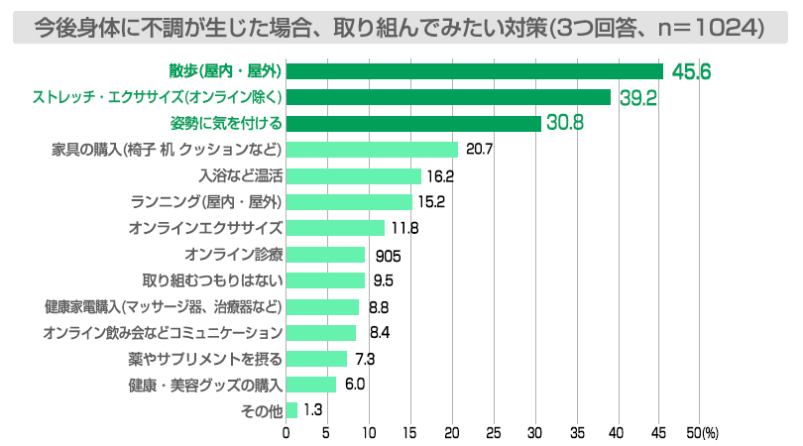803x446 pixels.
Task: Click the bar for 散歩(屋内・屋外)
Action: [474, 71]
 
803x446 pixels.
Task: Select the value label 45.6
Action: [691, 71]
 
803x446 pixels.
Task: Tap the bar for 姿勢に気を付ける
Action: [413, 124]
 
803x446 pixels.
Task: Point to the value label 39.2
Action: [637, 97]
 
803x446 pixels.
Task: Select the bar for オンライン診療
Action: [325, 255]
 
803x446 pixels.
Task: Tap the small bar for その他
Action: [291, 410]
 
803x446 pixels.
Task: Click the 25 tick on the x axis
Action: [493, 432]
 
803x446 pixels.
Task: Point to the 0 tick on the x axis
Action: [287, 432]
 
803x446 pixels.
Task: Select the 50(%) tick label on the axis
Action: [702, 432]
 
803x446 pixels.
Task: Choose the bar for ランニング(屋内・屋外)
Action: [349, 202]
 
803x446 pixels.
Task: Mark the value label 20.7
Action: [479, 151]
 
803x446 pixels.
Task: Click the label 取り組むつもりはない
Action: [212, 280]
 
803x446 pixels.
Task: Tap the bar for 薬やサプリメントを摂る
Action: [316, 359]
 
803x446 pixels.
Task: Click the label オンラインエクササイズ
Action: [205, 228]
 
